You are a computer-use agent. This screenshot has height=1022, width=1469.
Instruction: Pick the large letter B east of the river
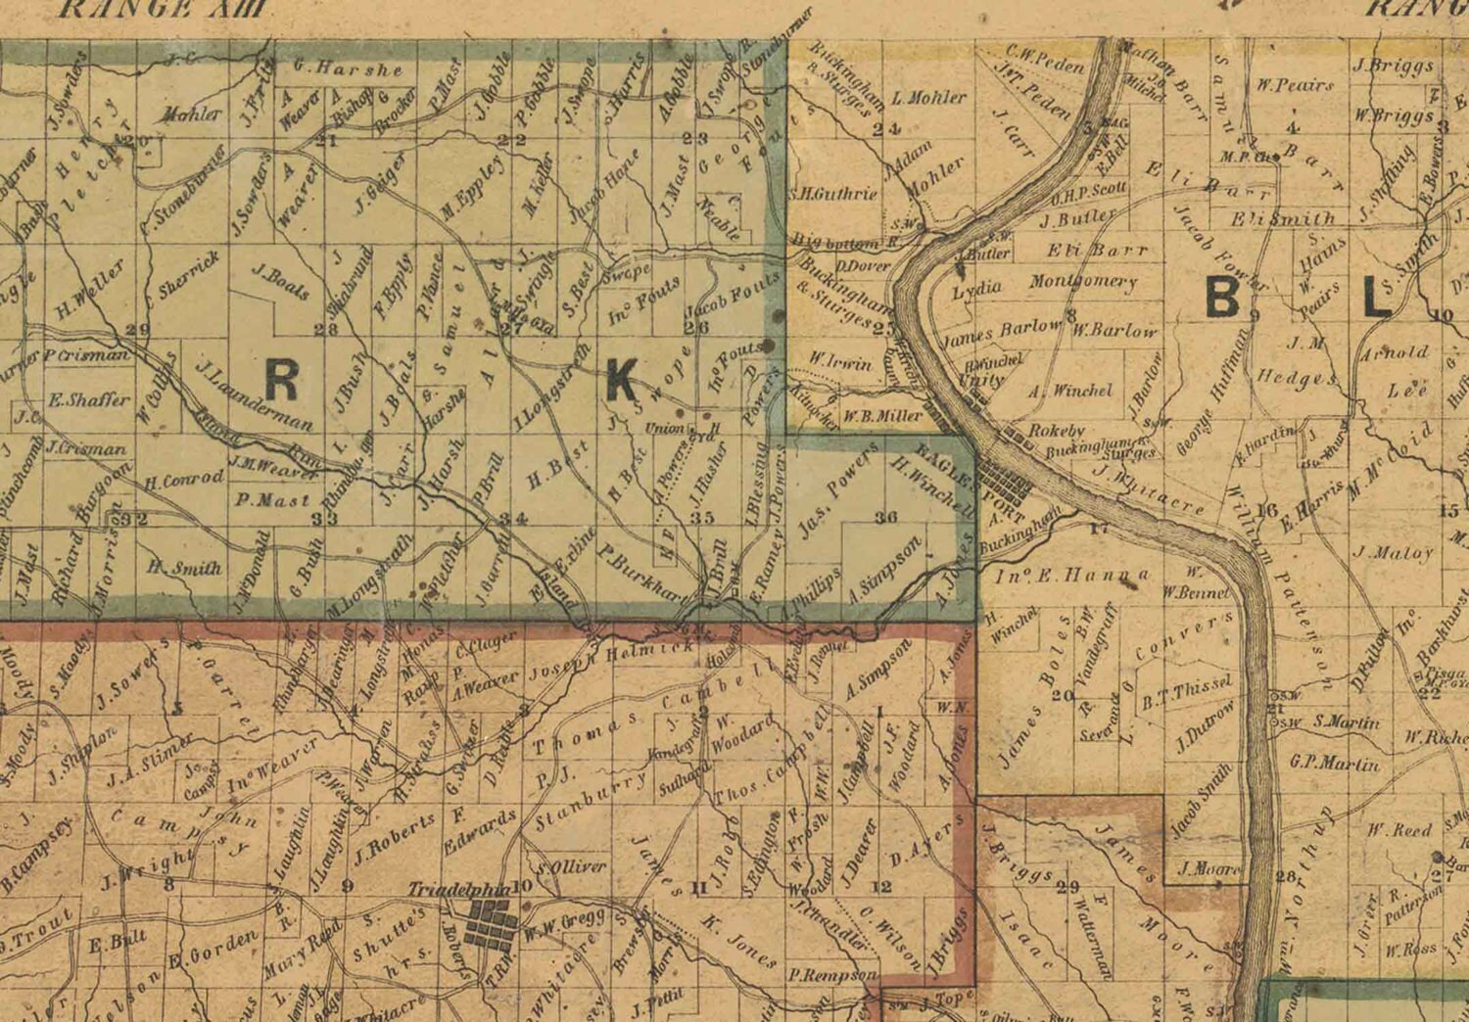[x=1223, y=297]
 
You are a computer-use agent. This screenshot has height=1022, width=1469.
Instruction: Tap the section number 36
[x=886, y=517]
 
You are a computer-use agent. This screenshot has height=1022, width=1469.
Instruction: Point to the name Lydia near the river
[x=976, y=291]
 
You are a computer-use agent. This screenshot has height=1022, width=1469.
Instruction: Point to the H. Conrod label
[x=184, y=481]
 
